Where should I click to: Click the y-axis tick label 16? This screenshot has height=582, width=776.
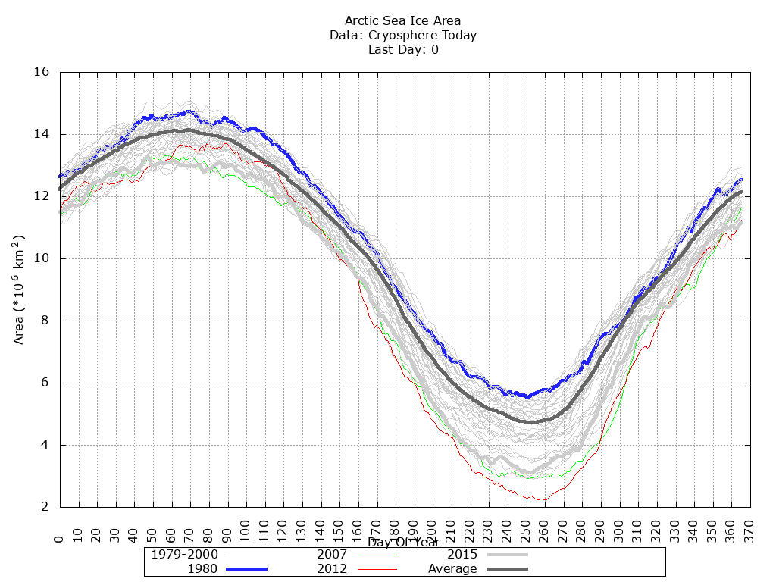click(42, 72)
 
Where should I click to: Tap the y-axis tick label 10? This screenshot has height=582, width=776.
click(42, 258)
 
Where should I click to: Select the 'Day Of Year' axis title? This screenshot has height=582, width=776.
click(403, 543)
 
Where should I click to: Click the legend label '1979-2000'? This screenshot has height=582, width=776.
click(179, 554)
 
